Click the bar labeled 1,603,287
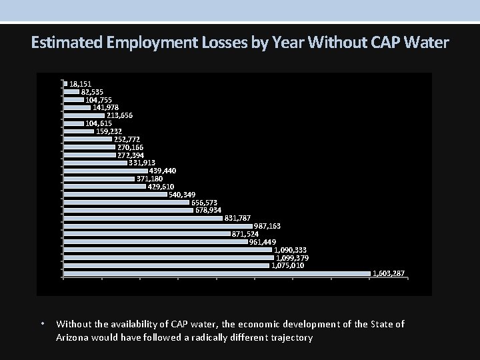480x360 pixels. coord(217,273)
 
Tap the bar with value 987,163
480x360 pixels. coord(157,226)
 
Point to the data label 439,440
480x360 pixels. coord(163,171)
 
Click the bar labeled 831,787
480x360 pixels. coord(143,218)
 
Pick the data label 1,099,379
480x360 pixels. coord(291,257)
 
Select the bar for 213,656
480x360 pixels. coord(84,115)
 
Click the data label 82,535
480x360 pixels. coord(92,91)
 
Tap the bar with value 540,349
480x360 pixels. coord(115,195)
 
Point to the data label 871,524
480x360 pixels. coord(245,234)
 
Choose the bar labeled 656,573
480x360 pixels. coord(127,202)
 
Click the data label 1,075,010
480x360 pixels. coord(287,265)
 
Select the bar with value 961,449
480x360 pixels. coord(155,242)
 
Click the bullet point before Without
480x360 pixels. coord(42,325)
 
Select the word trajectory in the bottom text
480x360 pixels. coord(289,338)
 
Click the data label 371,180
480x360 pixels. coord(149,179)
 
